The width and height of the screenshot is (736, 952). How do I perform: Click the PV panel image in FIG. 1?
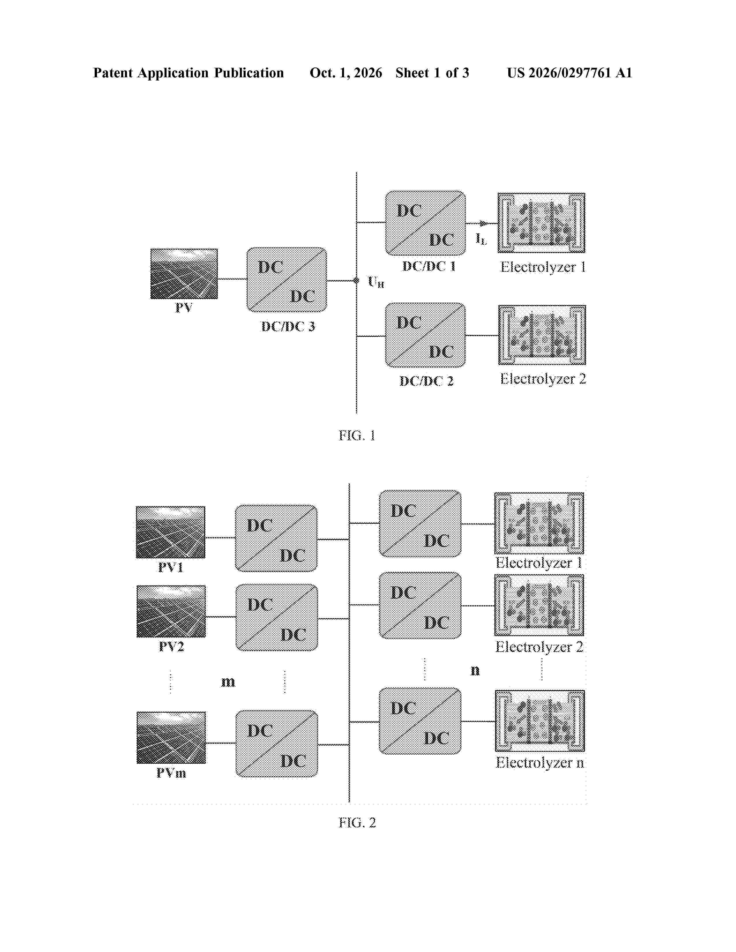184,274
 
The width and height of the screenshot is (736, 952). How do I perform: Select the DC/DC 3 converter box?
287,280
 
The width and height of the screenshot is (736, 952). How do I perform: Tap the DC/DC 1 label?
429,266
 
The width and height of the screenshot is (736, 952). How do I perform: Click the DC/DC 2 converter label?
426,381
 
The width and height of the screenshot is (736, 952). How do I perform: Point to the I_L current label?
481,239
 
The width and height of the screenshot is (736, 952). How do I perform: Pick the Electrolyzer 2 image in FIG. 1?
542,335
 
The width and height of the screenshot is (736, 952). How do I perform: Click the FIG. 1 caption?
357,435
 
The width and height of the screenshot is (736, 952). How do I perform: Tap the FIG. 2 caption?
357,822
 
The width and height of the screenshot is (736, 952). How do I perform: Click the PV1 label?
171,567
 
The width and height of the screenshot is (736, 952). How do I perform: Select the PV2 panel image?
171,611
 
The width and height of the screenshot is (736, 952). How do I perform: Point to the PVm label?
171,773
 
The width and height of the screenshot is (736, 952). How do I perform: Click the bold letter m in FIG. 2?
228,681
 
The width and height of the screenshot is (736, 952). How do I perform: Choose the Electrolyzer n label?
540,762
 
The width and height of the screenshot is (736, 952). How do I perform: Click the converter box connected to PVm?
277,744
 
